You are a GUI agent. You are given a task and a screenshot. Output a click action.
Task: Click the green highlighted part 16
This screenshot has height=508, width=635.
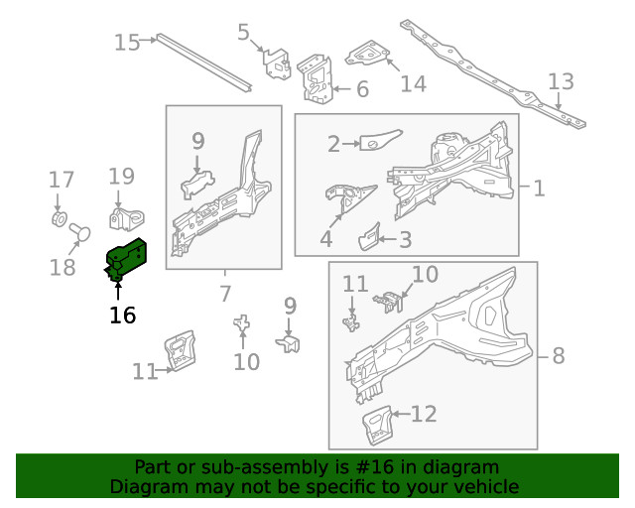(127, 257)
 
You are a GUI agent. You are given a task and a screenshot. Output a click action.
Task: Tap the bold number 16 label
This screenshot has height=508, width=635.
(122, 316)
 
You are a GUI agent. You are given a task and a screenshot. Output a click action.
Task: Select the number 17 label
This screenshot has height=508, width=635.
(62, 180)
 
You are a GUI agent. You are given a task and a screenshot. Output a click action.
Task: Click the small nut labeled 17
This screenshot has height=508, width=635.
(58, 216)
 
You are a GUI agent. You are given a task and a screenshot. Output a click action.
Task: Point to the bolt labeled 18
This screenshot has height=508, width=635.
(78, 233)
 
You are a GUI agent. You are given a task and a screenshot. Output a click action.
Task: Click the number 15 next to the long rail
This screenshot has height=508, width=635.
(127, 42)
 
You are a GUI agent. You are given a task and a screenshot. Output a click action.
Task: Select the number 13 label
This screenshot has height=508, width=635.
(561, 80)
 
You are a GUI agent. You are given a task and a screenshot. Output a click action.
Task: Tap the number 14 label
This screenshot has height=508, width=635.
(413, 83)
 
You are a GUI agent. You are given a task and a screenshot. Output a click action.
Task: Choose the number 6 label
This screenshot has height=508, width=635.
(362, 90)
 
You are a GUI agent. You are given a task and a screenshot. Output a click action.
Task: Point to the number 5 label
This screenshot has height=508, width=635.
(244, 32)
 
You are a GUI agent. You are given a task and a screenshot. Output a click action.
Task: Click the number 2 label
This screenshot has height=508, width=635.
(334, 145)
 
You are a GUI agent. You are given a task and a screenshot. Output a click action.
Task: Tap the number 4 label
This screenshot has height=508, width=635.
(325, 238)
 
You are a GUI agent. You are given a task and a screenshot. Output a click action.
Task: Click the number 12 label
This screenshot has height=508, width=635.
(423, 414)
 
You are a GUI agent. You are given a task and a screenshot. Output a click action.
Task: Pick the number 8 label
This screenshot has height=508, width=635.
(558, 355)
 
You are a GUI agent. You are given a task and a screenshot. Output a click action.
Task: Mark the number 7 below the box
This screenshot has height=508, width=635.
(224, 294)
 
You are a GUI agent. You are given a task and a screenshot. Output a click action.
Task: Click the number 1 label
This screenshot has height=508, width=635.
(538, 188)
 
